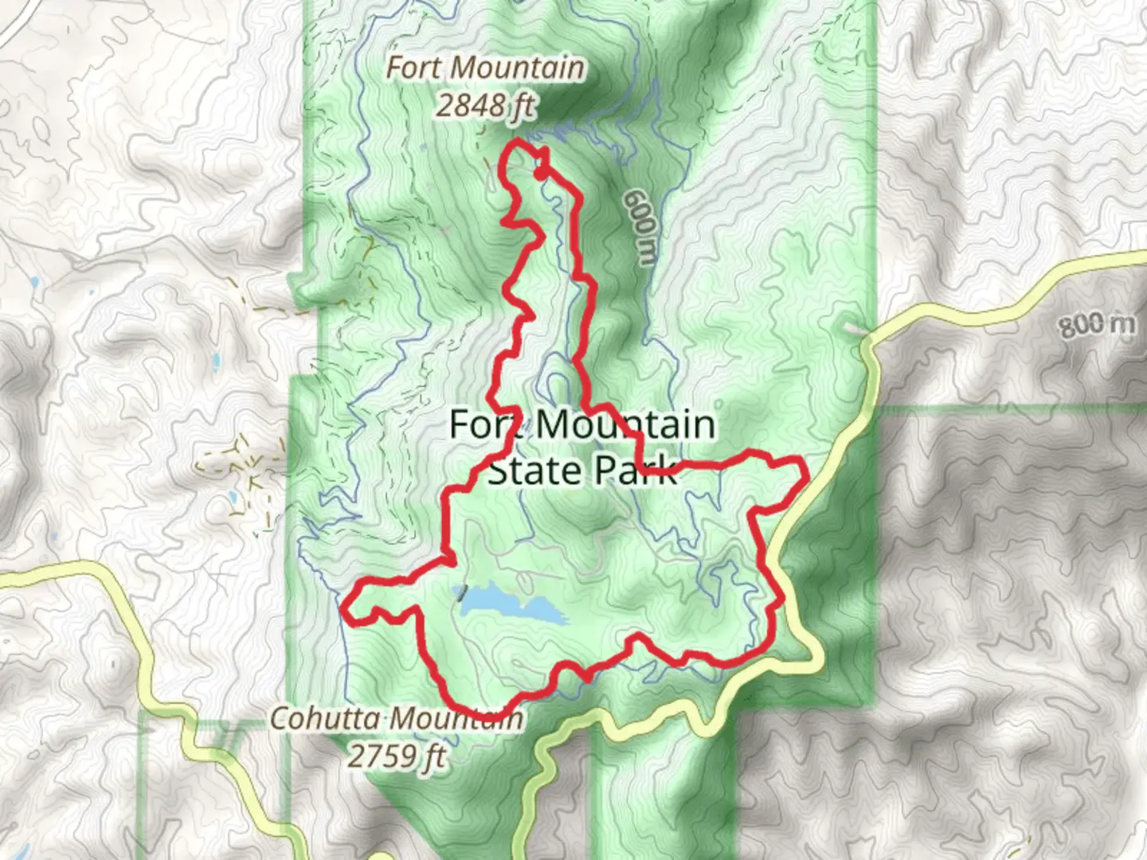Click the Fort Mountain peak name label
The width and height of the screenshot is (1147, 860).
click(485, 68)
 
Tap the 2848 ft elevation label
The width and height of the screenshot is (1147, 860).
click(485, 105)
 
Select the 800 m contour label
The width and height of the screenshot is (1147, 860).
click(1096, 324)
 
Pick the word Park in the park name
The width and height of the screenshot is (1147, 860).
click(636, 471)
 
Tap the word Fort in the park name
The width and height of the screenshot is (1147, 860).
click(486, 424)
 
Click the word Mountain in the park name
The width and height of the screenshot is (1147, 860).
click(626, 424)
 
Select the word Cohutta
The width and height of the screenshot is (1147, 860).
click(325, 718)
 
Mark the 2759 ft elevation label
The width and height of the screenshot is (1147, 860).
click(397, 755)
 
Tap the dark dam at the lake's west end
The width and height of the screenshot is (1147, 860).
click(460, 593)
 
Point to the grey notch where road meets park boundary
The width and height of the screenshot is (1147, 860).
click(854, 327)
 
